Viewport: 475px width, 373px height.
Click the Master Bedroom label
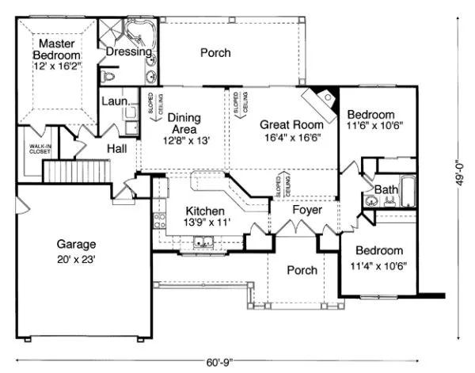pos(57,49)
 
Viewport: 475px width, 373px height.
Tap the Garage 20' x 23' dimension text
pos(76,260)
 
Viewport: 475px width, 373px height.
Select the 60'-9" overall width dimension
pos(220,363)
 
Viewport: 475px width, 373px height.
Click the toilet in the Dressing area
pos(108,77)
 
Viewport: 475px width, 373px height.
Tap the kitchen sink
pos(203,242)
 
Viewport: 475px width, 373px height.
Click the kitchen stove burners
pos(159,221)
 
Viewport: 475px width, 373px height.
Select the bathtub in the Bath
pos(408,192)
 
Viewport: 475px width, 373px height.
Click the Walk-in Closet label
pos(40,149)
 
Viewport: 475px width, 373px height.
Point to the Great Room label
pos(291,124)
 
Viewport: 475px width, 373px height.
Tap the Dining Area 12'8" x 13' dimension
pos(187,141)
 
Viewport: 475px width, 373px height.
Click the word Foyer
pos(307,210)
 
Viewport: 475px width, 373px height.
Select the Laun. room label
pos(116,101)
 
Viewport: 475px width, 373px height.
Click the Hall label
pos(117,148)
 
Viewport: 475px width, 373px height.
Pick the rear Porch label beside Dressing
pos(215,53)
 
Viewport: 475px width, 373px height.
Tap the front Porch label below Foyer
pos(302,270)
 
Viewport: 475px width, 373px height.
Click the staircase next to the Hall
pos(78,171)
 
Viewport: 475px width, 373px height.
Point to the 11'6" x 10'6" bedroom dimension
pos(374,125)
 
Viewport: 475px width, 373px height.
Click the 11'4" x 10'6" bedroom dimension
pos(378,266)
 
